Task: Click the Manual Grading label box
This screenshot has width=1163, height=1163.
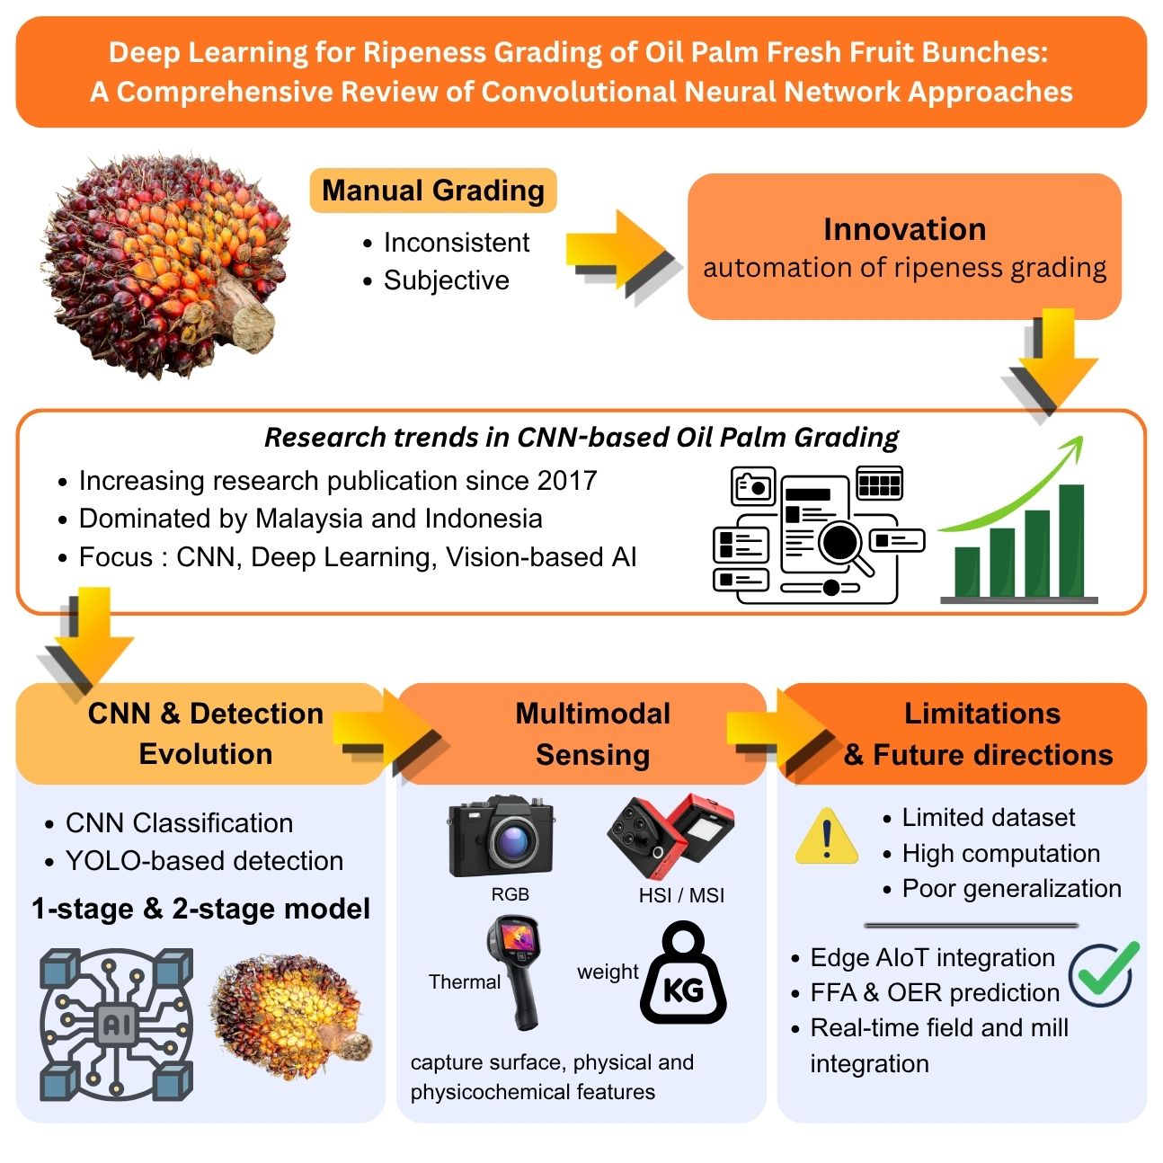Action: [432, 191]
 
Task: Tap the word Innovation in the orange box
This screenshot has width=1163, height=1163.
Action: [904, 229]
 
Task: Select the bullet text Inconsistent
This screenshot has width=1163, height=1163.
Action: [456, 243]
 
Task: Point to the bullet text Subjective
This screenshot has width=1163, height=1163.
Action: [446, 280]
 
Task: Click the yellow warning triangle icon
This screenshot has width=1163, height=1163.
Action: [827, 838]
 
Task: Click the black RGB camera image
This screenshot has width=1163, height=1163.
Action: [502, 837]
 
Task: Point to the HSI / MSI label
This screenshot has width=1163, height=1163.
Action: [681, 895]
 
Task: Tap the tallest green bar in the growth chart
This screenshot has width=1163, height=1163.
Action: [1070, 540]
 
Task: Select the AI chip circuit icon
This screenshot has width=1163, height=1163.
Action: [116, 1024]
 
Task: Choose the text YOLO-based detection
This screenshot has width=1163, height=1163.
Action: [204, 861]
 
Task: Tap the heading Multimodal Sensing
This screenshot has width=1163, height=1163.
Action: [592, 733]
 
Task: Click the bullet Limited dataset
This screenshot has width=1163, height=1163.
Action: [988, 818]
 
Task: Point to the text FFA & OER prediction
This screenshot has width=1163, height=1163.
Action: [935, 992]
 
